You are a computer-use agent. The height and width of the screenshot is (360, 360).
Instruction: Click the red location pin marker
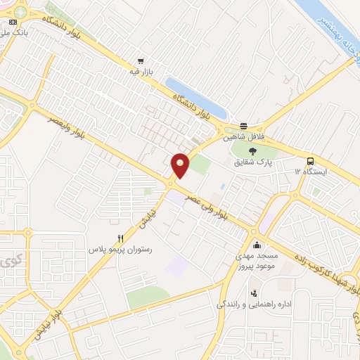(181, 165)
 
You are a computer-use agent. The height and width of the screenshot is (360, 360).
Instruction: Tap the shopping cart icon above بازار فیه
(141, 61)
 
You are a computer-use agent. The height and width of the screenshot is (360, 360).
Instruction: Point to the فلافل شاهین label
(238, 139)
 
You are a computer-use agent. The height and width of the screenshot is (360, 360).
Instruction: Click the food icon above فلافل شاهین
(243, 127)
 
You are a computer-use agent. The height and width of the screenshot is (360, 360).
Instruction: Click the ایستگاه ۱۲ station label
(310, 172)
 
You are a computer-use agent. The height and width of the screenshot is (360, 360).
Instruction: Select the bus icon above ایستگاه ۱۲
(310, 161)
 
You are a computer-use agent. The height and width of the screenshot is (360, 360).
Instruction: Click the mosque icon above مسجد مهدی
(257, 245)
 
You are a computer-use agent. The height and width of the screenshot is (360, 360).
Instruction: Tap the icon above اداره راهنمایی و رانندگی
(253, 293)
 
